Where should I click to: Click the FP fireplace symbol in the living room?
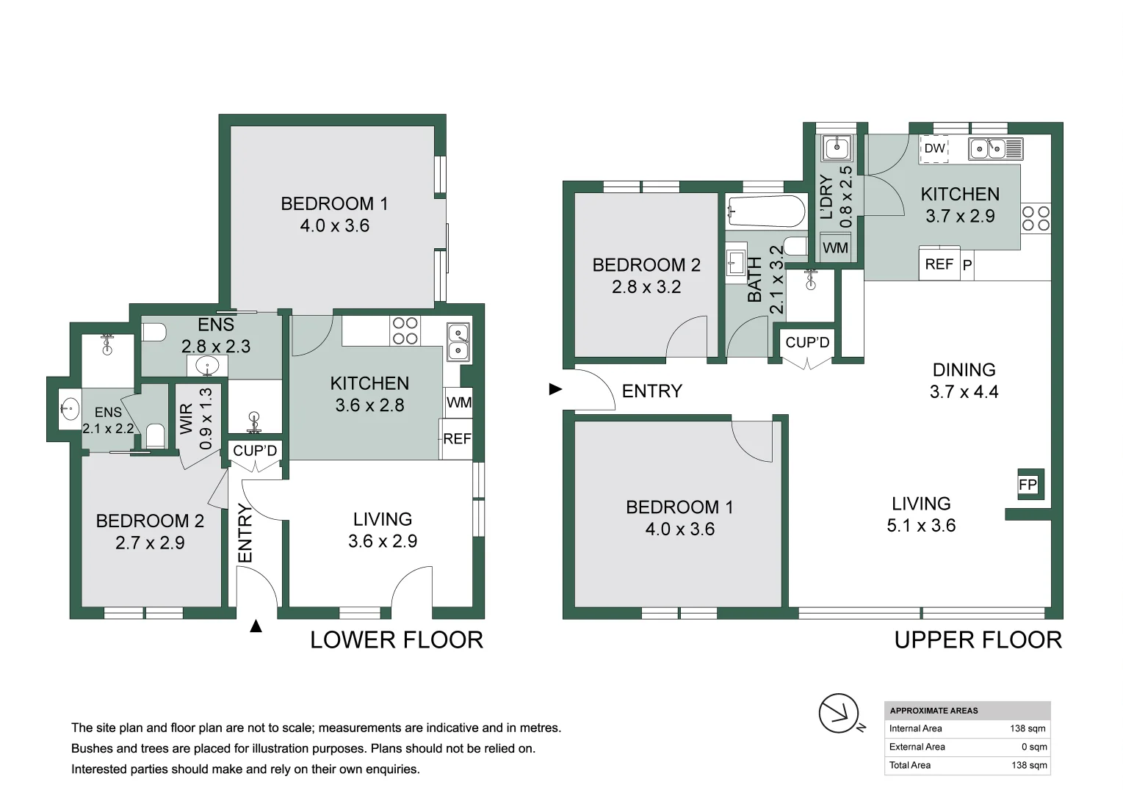tap(1030, 484)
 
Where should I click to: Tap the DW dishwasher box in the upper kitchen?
tap(934, 148)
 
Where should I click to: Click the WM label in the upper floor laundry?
tap(835, 247)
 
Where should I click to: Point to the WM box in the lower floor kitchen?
tap(458, 402)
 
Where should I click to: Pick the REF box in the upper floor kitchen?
tap(939, 264)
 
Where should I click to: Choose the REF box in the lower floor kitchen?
tap(456, 439)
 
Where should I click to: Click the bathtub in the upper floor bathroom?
tap(765, 211)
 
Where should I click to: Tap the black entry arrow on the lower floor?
tap(256, 626)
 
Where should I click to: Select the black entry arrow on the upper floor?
tap(555, 389)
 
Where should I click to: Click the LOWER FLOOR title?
tap(397, 640)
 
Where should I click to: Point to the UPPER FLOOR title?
tap(978, 640)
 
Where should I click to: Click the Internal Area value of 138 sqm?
tap(1028, 728)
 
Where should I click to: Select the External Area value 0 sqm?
tap(1034, 747)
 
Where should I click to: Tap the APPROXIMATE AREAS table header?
tap(934, 711)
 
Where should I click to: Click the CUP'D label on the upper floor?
tap(807, 342)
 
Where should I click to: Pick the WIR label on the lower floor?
tap(186, 419)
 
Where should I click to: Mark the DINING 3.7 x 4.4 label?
tap(964, 380)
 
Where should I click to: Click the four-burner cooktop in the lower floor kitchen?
tap(405, 331)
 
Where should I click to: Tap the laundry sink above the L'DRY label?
tap(837, 148)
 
